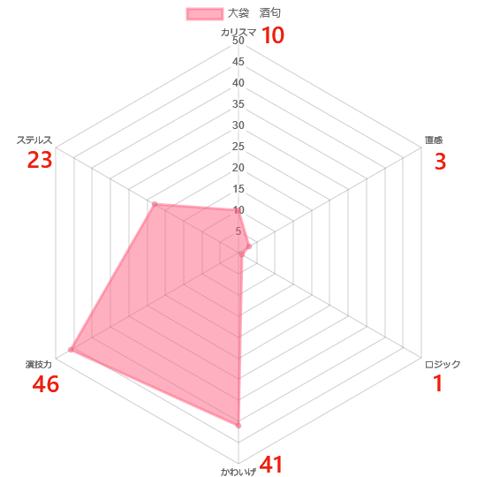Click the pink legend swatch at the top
[205, 14]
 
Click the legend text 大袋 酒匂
[254, 13]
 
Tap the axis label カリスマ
[238, 33]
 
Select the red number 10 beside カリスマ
[273, 35]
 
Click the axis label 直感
[434, 140]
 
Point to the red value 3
[440, 162]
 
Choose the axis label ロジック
[443, 364]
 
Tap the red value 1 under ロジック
[438, 383]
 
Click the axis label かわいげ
[238, 472]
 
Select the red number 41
[271, 465]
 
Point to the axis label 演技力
[39, 364]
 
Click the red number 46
[46, 384]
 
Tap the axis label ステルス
[34, 140]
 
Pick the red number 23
[40, 160]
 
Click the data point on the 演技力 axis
[71, 350]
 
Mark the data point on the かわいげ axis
[238, 426]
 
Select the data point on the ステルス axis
[155, 204]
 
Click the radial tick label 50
[238, 41]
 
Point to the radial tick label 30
[238, 125]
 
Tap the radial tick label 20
[238, 167]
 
